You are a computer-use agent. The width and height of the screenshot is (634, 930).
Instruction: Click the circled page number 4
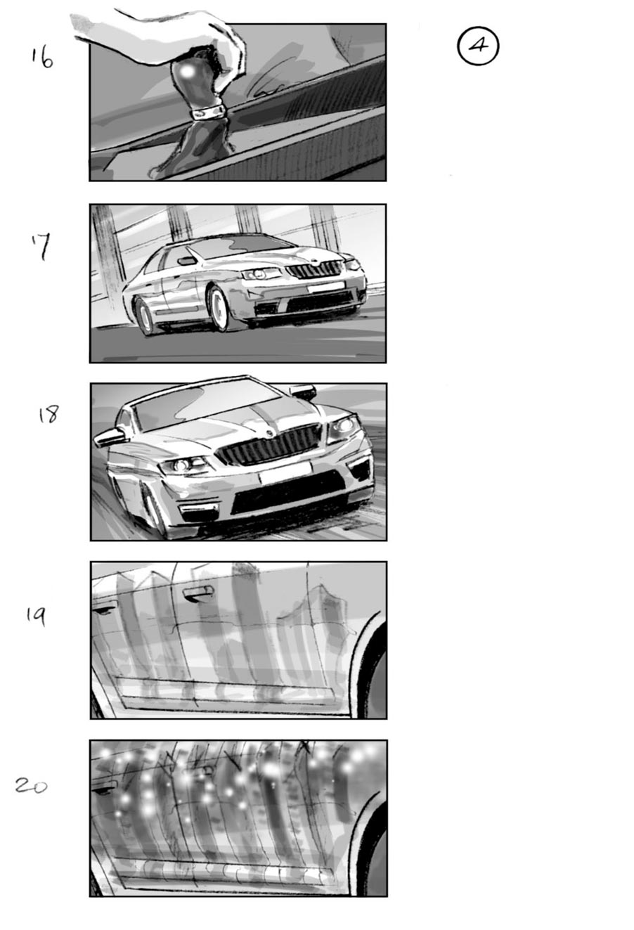(x=478, y=46)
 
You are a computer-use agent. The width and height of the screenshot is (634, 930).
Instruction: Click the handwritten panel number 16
(x=42, y=58)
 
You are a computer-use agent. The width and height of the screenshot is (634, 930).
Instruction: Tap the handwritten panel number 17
(x=43, y=247)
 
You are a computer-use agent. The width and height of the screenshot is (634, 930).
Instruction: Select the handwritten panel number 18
(x=48, y=415)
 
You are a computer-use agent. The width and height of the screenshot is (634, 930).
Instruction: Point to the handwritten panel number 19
(x=35, y=616)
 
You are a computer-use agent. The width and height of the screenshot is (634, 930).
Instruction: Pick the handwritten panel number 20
(x=32, y=786)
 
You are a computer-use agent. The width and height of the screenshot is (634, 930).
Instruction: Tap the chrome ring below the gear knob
(x=207, y=112)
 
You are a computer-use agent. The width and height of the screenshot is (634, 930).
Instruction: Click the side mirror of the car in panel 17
(x=187, y=261)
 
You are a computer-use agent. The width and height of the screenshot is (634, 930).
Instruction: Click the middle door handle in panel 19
(x=198, y=594)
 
